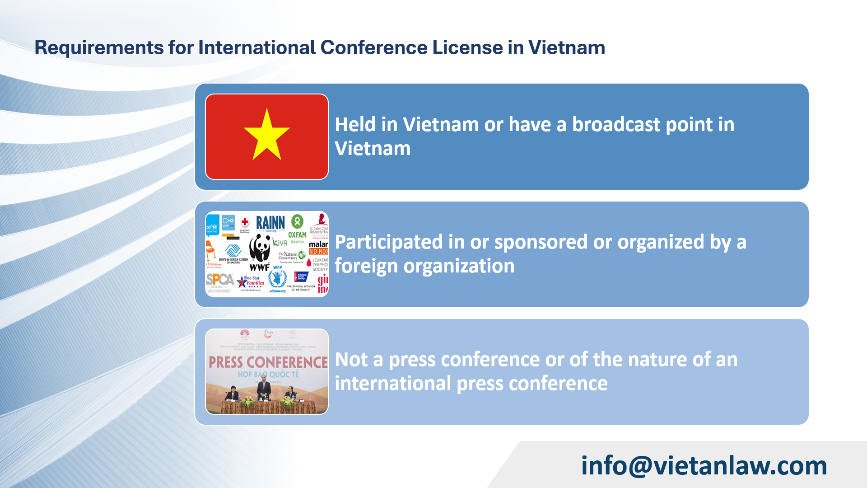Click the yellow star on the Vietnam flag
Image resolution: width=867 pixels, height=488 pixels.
(266, 136)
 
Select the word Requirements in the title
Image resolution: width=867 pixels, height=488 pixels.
(99, 47)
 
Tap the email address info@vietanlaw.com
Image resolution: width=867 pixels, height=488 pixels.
(704, 465)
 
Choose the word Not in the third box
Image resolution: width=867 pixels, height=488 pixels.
(351, 360)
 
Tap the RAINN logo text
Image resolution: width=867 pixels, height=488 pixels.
(270, 223)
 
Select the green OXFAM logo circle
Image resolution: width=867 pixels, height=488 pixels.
(297, 221)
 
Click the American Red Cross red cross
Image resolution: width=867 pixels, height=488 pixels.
(245, 222)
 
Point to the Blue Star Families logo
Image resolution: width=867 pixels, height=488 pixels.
(251, 282)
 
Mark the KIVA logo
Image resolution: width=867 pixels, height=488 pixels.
(280, 243)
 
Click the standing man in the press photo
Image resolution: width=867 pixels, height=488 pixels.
(264, 390)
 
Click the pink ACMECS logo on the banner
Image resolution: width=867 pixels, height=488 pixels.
(245, 334)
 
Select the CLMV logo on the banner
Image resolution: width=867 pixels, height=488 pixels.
(269, 333)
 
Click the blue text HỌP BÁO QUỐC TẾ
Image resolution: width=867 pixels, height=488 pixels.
(268, 375)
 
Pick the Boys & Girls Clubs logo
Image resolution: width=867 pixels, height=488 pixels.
(233, 253)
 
